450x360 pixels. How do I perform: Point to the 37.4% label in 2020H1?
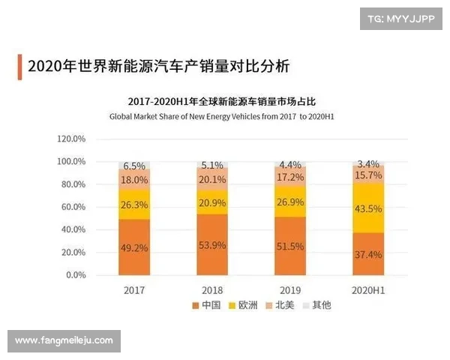click(x=367, y=254)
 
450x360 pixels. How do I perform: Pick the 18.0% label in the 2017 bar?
click(x=134, y=180)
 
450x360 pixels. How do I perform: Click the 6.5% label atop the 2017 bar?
click(x=134, y=166)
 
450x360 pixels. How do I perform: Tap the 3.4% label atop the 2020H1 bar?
click(x=367, y=163)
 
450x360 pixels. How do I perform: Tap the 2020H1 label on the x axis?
click(x=367, y=289)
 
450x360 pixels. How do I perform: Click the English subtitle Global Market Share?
click(x=222, y=117)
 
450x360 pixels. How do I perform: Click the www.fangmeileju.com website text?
click(x=64, y=340)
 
